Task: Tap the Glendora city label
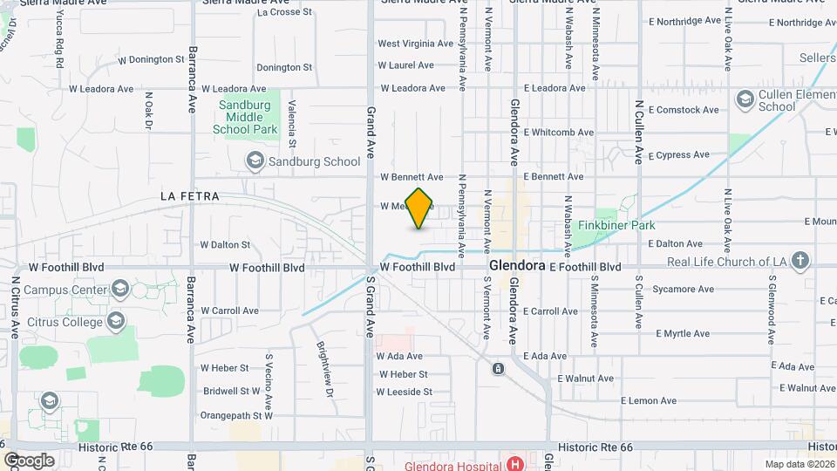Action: pos(517,265)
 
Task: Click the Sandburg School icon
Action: pos(255,160)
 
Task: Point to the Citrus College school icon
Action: pos(117,322)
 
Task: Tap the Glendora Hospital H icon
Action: pos(515,463)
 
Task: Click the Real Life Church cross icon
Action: pos(800,261)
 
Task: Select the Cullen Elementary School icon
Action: pos(745,99)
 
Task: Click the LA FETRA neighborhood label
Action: pos(187,197)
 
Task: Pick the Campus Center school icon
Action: pos(119,290)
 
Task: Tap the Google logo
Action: pos(29,460)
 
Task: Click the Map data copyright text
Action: pos(800,464)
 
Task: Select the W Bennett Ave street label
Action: pos(412,177)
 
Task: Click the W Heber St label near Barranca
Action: pos(225,368)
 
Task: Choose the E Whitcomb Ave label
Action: pos(559,133)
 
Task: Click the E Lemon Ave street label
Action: pos(649,400)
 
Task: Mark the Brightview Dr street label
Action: pos(325,367)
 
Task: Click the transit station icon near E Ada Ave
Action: pos(498,369)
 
